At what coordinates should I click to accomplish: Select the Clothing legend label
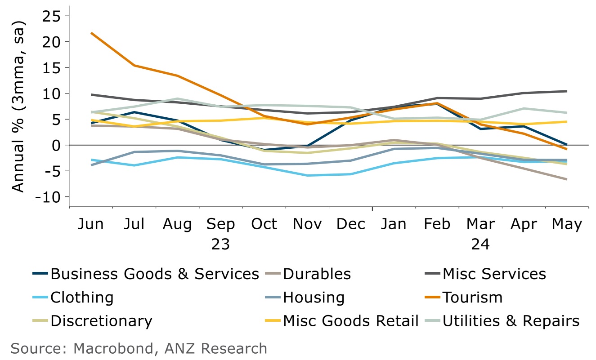[82, 298]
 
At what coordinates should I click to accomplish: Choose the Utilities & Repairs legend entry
[511, 321]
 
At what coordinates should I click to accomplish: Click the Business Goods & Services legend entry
[155, 274]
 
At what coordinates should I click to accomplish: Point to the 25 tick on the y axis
[52, 16]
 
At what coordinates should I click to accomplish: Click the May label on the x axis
[567, 224]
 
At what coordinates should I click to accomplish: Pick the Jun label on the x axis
[91, 224]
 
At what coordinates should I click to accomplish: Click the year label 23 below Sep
[220, 244]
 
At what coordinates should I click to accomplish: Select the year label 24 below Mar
[480, 244]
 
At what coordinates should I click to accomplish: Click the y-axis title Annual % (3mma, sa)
[18, 111]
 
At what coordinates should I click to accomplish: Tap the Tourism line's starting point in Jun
[91, 33]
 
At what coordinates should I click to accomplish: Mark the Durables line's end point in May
[566, 179]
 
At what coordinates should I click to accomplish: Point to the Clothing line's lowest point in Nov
[307, 175]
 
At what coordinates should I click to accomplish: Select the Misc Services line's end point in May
[566, 91]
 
